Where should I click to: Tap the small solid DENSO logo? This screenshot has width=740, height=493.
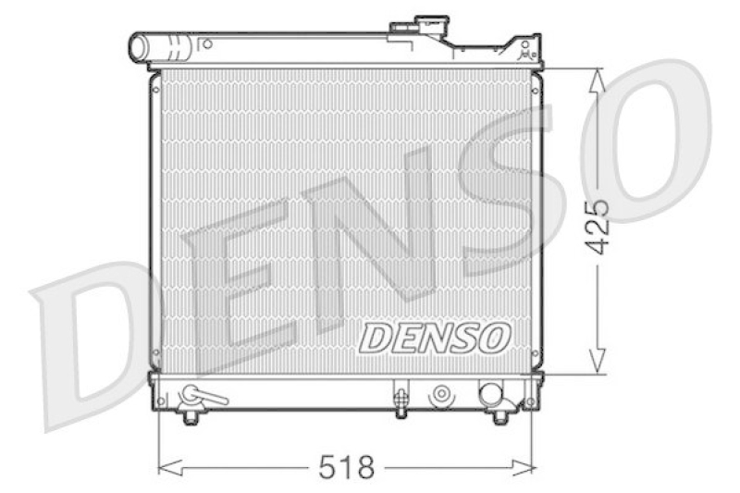pos(434,338)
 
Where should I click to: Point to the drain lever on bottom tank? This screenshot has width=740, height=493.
pos(203,396)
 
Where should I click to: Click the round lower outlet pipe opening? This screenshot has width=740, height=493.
pos(490,395)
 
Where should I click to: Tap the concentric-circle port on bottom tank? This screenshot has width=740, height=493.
pos(441,395)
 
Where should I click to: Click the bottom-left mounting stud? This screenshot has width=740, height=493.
pos(191,417)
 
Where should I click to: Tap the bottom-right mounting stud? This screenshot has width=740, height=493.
pos(500,417)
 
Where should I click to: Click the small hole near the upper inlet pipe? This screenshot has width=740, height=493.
pos(207,43)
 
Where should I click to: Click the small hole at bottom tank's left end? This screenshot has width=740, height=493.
pos(162,401)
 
